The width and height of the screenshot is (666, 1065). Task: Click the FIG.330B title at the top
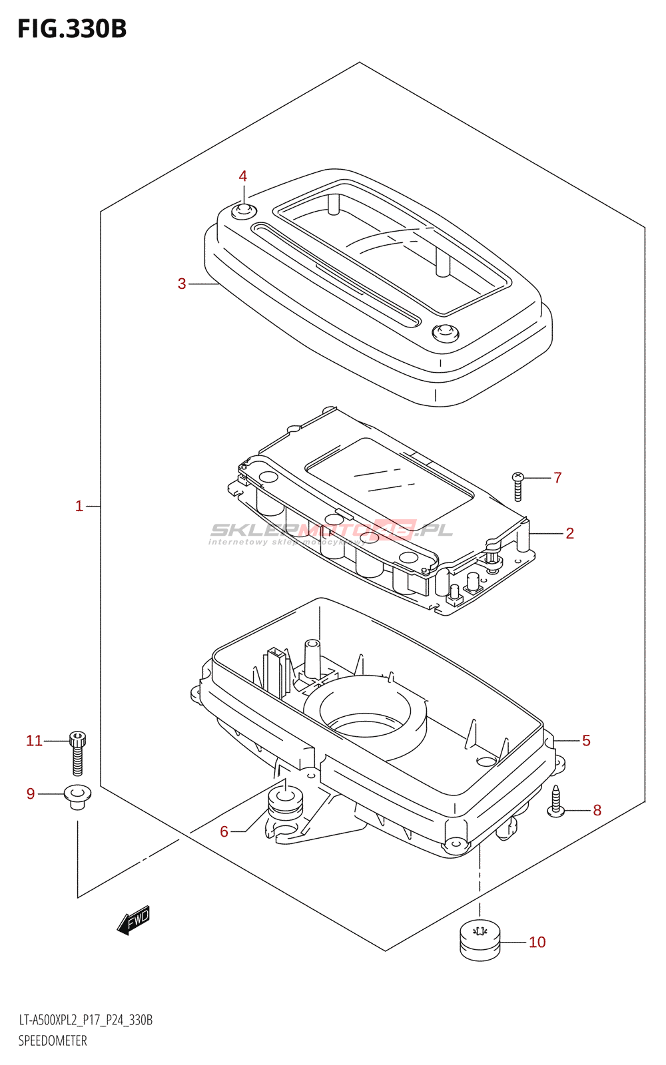(x=72, y=29)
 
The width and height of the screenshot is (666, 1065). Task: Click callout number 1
(x=79, y=507)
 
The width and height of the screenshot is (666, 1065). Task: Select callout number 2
(x=569, y=533)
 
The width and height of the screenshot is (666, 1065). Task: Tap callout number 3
(x=182, y=284)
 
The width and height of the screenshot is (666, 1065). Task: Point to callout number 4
(x=243, y=176)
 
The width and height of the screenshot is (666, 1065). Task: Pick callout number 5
(x=586, y=741)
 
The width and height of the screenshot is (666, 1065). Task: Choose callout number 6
(x=224, y=831)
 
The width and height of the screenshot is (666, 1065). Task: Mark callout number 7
(x=557, y=478)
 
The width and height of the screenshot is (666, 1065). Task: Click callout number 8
(x=597, y=810)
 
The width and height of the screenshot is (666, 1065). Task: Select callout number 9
(x=31, y=793)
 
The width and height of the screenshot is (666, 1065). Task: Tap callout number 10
(x=537, y=942)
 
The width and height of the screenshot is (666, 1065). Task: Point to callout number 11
(x=34, y=741)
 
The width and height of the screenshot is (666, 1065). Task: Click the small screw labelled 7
(x=518, y=487)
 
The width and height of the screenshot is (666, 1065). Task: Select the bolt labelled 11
(x=77, y=753)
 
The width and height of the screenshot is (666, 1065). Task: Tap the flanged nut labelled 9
(x=77, y=795)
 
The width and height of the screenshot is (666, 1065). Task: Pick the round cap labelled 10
(x=480, y=939)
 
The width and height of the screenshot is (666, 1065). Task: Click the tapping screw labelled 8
(x=556, y=801)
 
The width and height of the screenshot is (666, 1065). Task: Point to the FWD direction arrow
(x=134, y=920)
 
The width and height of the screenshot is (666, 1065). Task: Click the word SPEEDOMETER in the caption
(x=53, y=1040)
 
